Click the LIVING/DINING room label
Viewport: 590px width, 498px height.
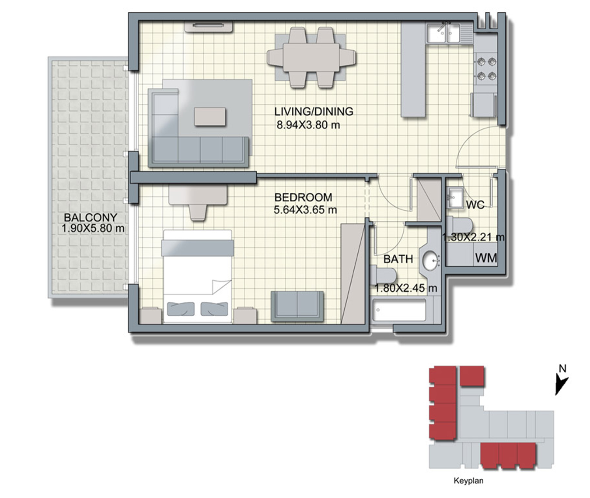pos(314,112)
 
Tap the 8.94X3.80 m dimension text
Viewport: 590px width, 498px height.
pos(308,125)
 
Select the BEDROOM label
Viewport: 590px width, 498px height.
pos(303,197)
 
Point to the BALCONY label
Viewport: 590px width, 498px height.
pos(91,217)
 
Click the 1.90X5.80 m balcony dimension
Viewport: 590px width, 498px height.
pos(93,228)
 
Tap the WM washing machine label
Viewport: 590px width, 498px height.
pos(486,258)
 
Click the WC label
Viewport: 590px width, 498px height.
pos(475,204)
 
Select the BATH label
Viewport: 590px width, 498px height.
pos(398,259)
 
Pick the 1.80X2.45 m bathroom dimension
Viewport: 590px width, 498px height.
pos(406,288)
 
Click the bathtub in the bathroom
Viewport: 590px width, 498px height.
pos(399,310)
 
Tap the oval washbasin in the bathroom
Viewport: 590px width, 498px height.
pos(431,261)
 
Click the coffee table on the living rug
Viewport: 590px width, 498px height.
pos(209,117)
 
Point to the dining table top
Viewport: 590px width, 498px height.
pos(311,57)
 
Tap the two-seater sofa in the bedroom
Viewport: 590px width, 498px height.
pos(297,307)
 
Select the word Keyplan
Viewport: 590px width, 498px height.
pos(468,480)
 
